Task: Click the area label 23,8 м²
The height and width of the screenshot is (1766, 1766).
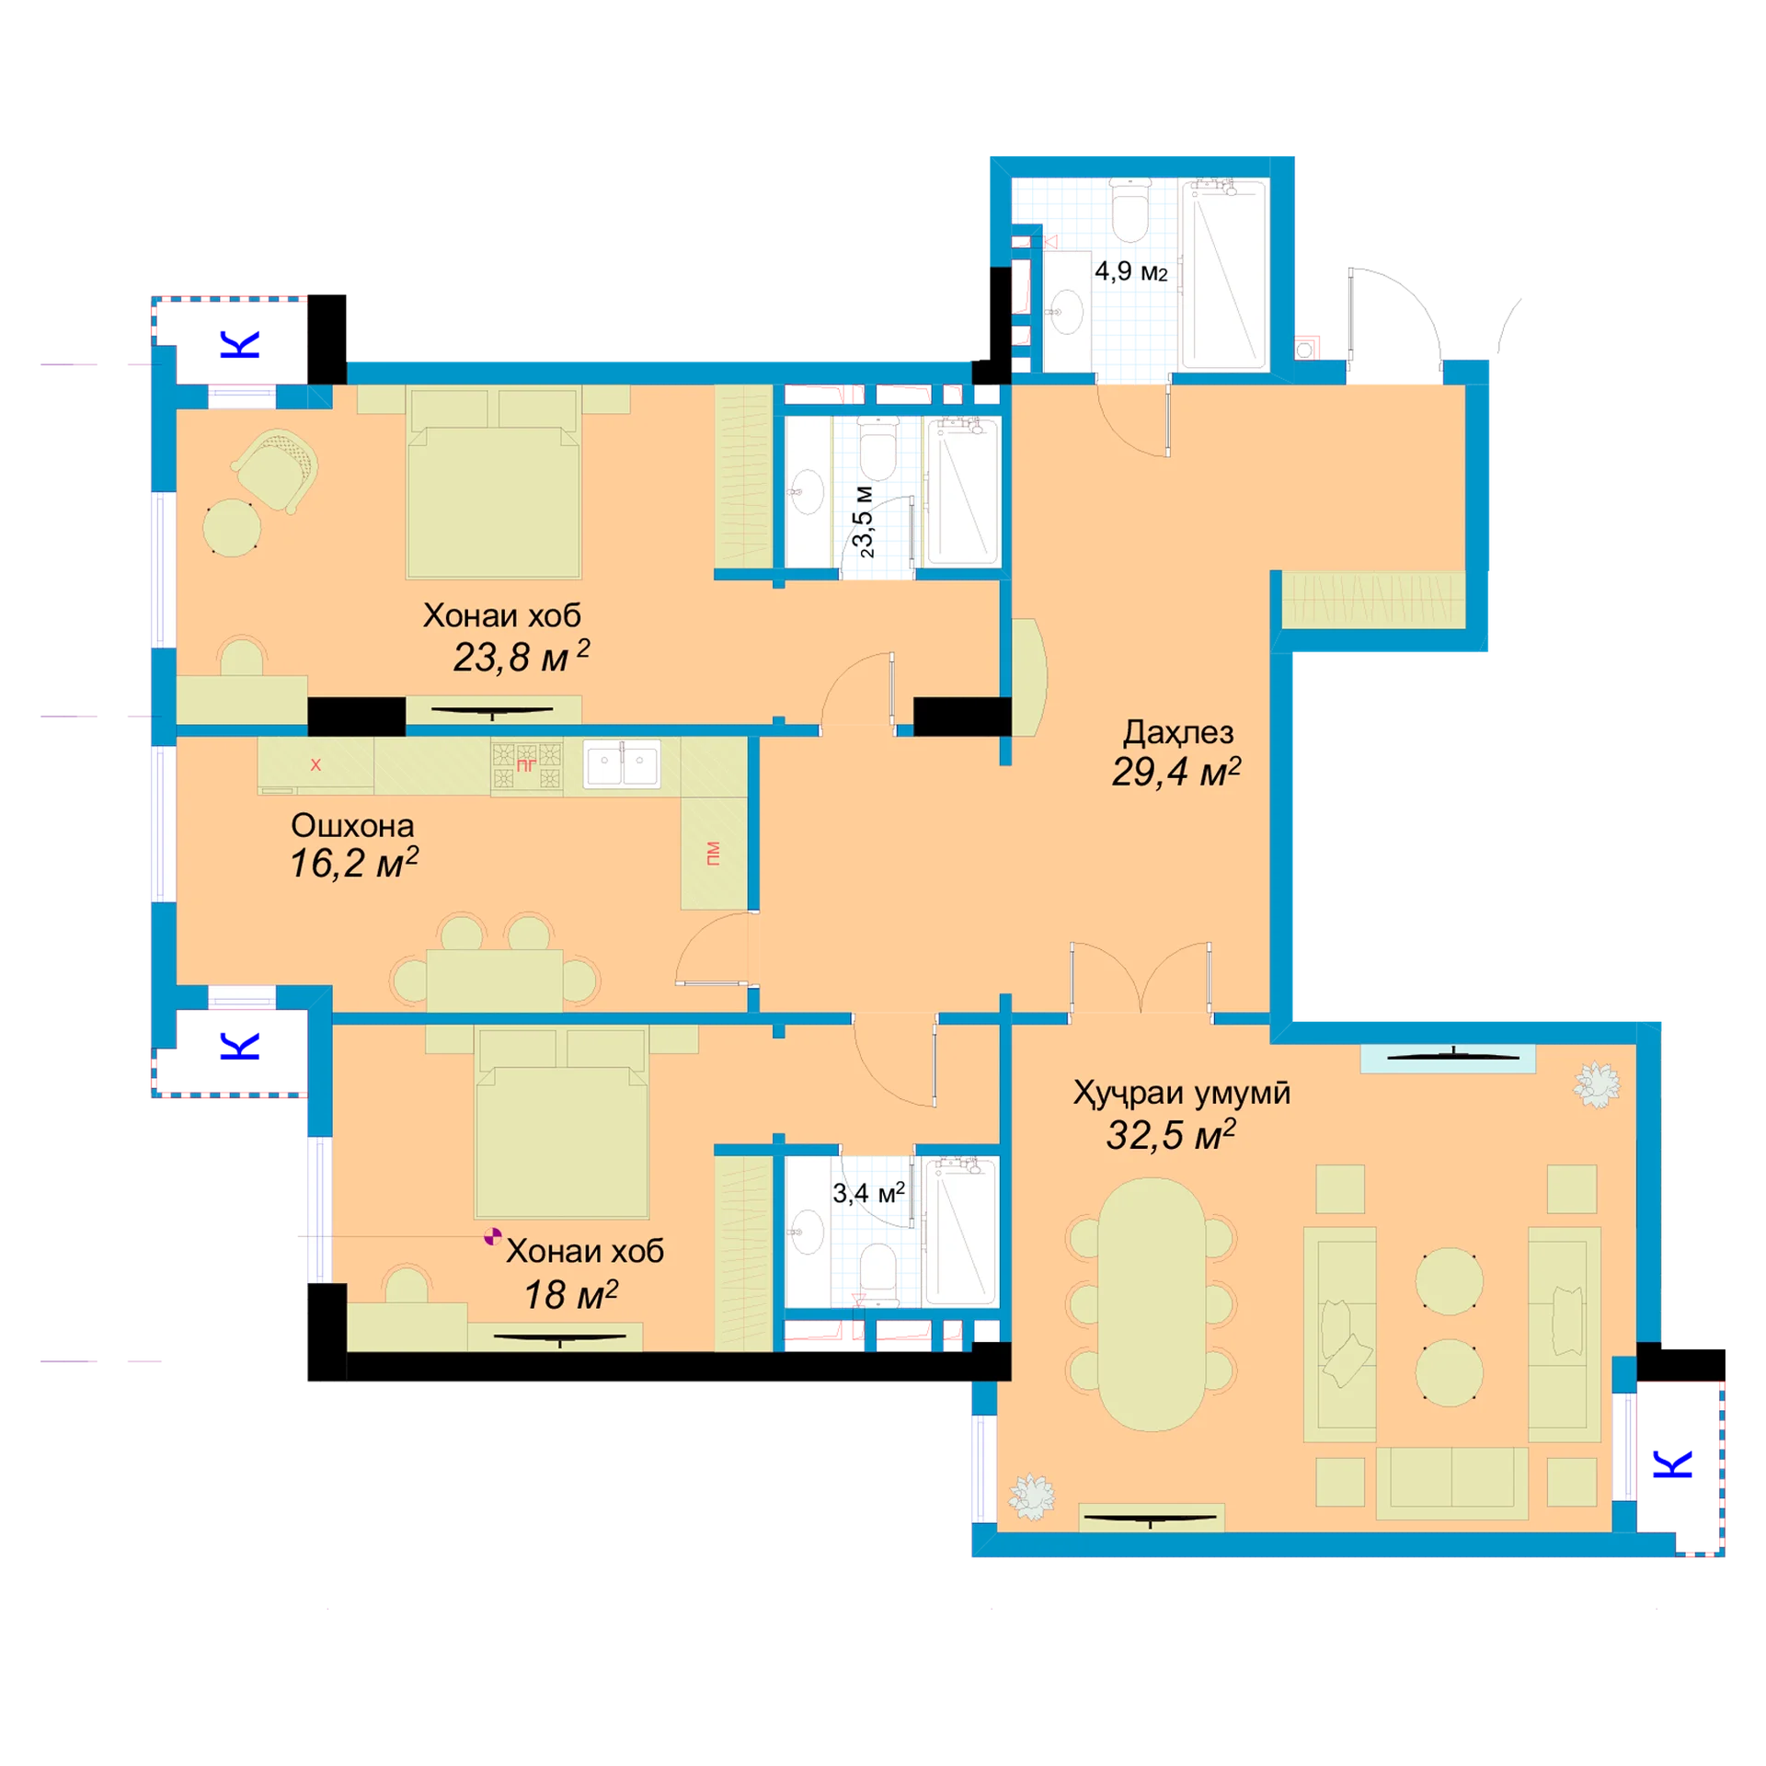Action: tap(521, 657)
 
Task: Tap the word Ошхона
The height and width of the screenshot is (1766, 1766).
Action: tap(352, 825)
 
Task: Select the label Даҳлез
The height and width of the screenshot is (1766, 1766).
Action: tap(1178, 732)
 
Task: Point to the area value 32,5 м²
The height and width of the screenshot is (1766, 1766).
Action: tap(1171, 1135)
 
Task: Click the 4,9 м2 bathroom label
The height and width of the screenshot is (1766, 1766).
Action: tap(1130, 271)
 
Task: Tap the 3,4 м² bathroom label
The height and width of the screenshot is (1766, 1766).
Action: tap(868, 1193)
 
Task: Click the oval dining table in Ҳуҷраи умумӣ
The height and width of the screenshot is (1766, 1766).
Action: tap(1152, 1304)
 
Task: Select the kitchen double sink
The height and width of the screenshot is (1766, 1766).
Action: tap(623, 763)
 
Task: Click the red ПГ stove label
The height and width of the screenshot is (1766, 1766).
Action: tap(526, 764)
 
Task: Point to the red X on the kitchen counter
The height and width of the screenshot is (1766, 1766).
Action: tap(315, 764)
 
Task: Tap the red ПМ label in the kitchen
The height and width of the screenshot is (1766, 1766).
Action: tap(713, 853)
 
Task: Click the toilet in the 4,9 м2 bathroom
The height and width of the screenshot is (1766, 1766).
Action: tap(1130, 210)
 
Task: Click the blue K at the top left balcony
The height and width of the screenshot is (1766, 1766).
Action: tap(240, 344)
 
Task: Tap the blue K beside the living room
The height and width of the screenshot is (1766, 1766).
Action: tap(1673, 1463)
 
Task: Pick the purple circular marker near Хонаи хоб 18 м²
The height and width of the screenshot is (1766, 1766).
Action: tap(493, 1236)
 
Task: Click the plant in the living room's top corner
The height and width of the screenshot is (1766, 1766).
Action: tap(1596, 1084)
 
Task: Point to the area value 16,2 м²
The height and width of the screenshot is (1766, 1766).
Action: tap(354, 863)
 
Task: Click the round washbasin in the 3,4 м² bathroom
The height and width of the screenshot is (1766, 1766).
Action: tap(808, 1232)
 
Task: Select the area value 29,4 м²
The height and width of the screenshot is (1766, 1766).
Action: tap(1176, 772)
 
